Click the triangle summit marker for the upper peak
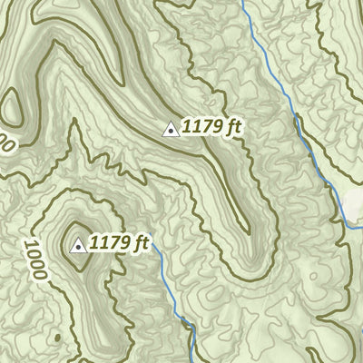click(170, 130)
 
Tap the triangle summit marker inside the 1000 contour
click(78, 245)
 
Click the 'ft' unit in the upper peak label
click(235, 128)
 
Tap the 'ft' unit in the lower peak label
click(142, 243)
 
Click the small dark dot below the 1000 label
click(57, 338)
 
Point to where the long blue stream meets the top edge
click(241, 2)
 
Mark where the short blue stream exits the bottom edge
click(194, 360)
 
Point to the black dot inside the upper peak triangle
click(170, 132)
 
